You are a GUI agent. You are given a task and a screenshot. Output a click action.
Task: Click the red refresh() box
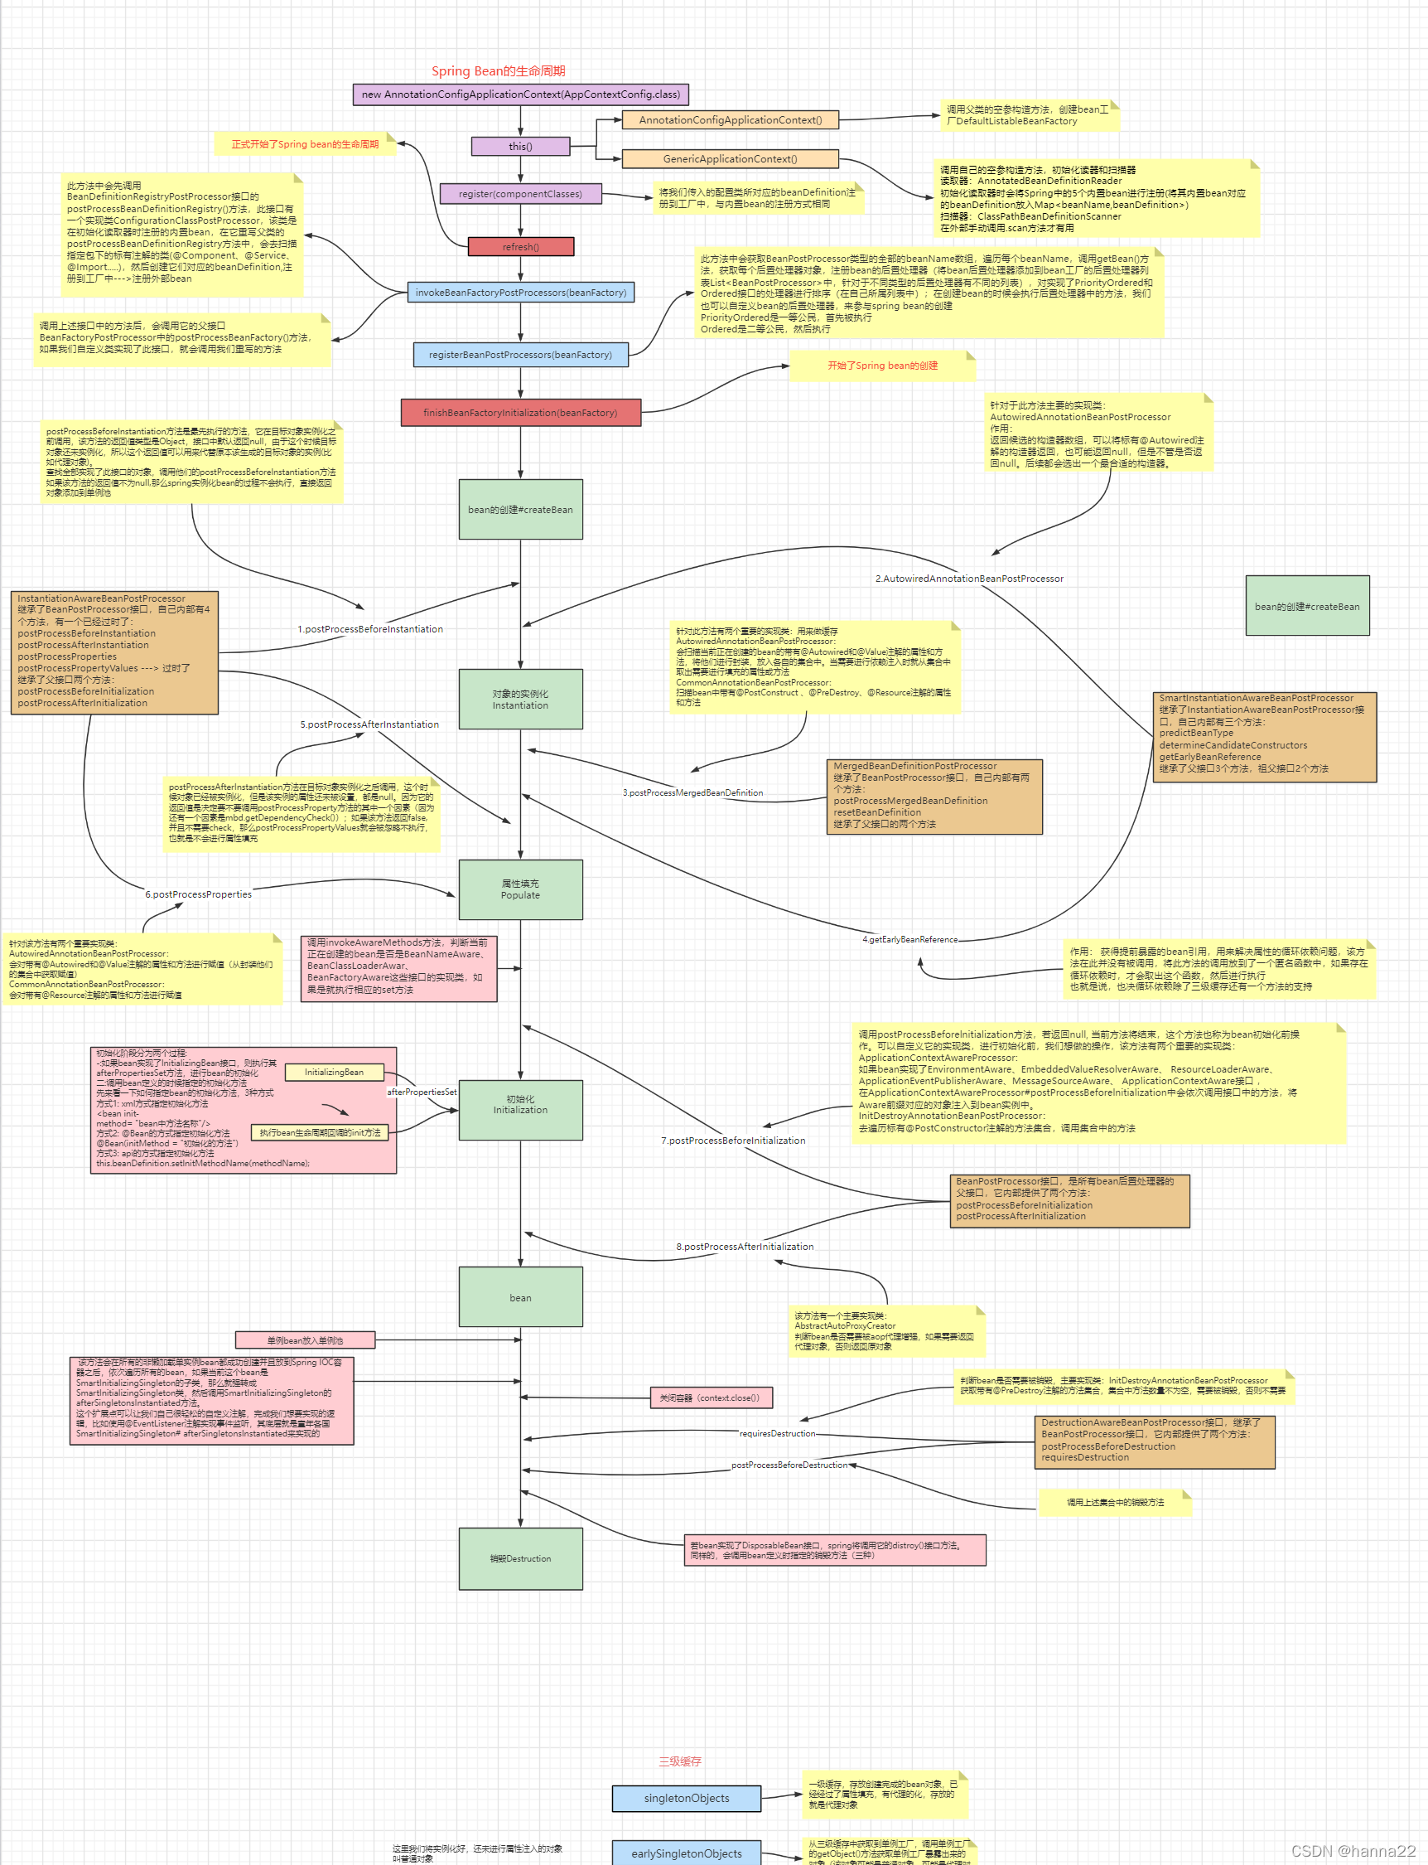pyautogui.click(x=520, y=247)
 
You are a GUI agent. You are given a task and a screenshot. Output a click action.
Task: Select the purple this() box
pyautogui.click(x=520, y=146)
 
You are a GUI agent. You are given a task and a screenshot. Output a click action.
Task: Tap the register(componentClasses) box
pyautogui.click(x=520, y=194)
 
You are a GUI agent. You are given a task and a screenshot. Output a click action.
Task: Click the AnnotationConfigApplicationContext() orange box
pyautogui.click(x=730, y=120)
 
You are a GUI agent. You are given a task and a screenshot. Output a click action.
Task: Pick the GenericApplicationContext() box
pyautogui.click(x=730, y=159)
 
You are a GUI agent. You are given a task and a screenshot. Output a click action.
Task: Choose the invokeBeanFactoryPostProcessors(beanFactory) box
pyautogui.click(x=520, y=293)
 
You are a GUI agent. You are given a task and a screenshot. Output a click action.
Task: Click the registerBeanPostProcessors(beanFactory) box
pyautogui.click(x=520, y=355)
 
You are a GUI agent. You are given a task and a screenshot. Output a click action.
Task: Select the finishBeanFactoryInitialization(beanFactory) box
pyautogui.click(x=520, y=413)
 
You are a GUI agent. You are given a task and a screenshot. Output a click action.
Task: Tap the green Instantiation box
pyautogui.click(x=520, y=699)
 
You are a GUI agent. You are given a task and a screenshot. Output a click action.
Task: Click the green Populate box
pyautogui.click(x=520, y=889)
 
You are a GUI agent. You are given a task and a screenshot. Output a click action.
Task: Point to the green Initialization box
pyautogui.click(x=520, y=1105)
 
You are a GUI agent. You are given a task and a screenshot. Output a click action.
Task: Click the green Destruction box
pyautogui.click(x=520, y=1559)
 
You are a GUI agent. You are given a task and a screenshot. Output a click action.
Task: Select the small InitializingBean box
pyautogui.click(x=334, y=1073)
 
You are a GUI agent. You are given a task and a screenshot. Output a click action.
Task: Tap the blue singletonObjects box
pyautogui.click(x=686, y=1798)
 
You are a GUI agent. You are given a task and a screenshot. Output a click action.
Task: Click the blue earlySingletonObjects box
pyautogui.click(x=686, y=1853)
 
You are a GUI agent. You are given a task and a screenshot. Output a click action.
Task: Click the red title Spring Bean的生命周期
pyautogui.click(x=498, y=71)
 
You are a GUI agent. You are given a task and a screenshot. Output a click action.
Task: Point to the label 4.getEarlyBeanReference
pyautogui.click(x=909, y=940)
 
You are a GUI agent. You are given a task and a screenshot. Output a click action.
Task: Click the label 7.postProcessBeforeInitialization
pyautogui.click(x=733, y=1141)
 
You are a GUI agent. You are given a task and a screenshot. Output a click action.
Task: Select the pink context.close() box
pyautogui.click(x=710, y=1398)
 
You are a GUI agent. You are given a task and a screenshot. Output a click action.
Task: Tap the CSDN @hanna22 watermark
pyautogui.click(x=1353, y=1851)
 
